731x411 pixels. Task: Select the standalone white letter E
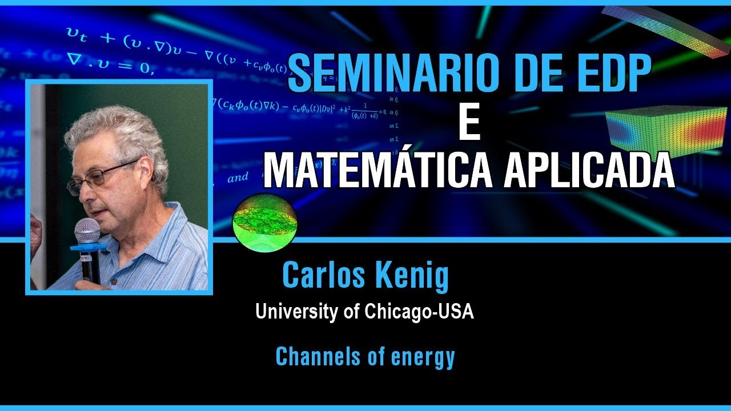(x=469, y=124)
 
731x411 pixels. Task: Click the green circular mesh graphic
(x=264, y=219)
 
